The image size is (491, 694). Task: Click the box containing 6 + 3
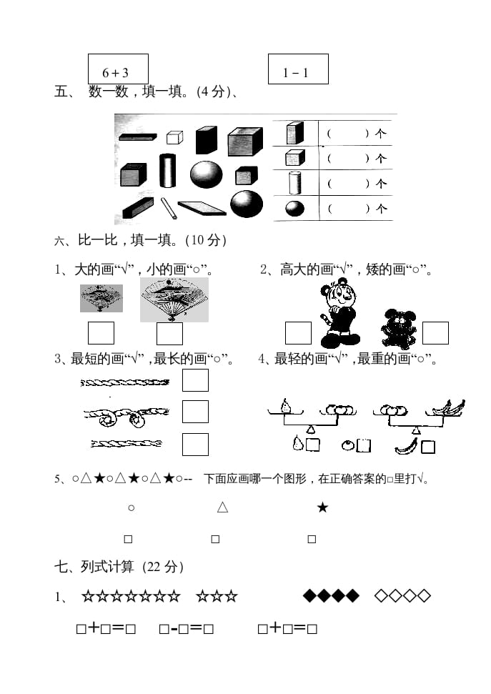pos(118,69)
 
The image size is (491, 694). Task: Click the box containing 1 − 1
pos(298,69)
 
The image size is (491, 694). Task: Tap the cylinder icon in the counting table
pos(294,183)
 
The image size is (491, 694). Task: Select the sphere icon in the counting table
pos(294,209)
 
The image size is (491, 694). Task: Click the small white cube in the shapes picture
pos(174,137)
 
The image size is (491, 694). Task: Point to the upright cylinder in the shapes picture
pos(168,171)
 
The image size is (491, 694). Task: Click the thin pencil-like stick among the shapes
pos(169,208)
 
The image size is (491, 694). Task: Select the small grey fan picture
pos(101,299)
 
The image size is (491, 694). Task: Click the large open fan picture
pos(174,299)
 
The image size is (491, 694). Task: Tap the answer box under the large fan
pos(169,334)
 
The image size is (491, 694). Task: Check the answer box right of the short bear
pos(435,333)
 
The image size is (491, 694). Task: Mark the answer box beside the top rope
pos(195,380)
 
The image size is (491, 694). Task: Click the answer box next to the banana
pos(428,447)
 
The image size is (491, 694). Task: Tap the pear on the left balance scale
pos(286,405)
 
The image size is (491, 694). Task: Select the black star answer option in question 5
pos(322,507)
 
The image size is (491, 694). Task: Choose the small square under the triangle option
pos(215,539)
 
